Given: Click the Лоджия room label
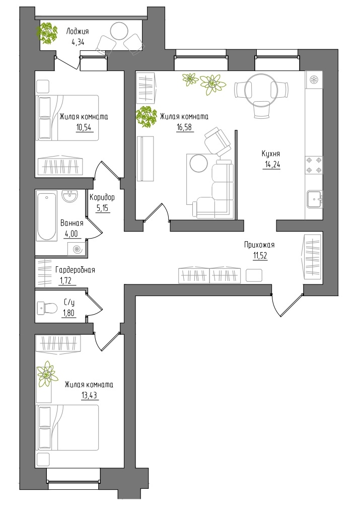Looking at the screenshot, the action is coord(78,32).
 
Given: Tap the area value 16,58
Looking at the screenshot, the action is coord(184,127).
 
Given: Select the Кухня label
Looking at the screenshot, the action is coord(271,154).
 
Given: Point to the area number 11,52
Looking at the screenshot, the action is coord(260,256).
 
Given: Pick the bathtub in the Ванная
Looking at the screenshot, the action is coord(46,216).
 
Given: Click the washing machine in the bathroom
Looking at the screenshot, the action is coord(78,250).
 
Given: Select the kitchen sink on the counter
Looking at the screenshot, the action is coord(315,199).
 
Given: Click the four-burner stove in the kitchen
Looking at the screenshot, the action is coord(314,165).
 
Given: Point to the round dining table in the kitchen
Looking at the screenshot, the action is coord(262,89).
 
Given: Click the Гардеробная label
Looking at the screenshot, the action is coord(75,270).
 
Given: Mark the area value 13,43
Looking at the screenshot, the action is coord(90,395).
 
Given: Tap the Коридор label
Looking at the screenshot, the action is coord(102,197).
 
